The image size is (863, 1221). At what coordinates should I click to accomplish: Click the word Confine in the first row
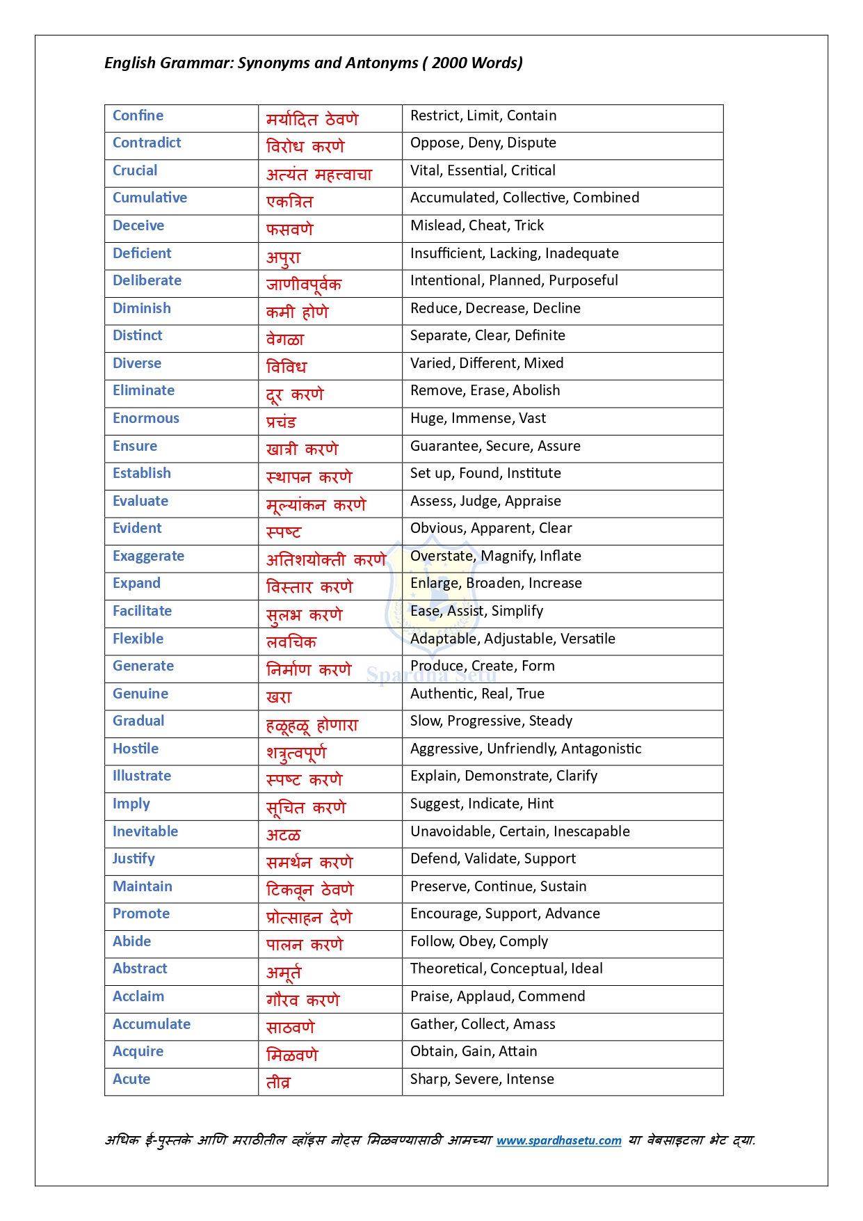[x=138, y=115]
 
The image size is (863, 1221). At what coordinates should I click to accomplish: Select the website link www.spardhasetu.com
[x=558, y=1140]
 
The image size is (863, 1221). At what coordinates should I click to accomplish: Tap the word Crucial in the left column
[x=135, y=170]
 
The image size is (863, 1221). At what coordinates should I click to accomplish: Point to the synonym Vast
[x=532, y=418]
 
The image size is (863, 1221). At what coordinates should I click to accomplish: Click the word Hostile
[x=136, y=749]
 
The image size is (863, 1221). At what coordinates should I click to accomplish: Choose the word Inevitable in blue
[x=145, y=831]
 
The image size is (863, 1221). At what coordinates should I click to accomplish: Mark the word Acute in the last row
[x=131, y=1079]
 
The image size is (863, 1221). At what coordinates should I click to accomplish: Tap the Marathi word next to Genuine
[x=279, y=696]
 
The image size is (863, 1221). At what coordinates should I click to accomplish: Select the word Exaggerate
[x=148, y=556]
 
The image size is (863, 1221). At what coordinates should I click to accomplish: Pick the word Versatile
[x=587, y=639]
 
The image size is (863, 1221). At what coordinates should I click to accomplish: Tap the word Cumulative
[x=150, y=198]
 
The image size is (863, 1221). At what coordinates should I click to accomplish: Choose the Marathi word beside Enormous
[x=281, y=422]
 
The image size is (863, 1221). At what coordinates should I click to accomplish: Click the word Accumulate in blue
[x=152, y=1024]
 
